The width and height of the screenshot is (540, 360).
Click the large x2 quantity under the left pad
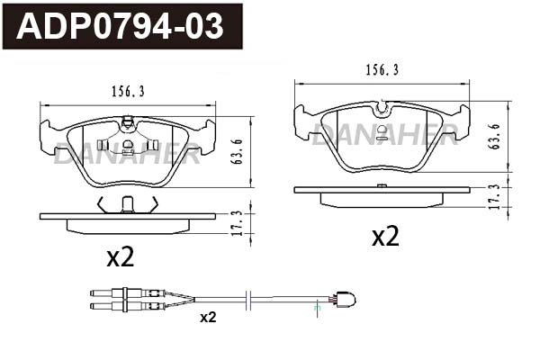pyautogui.click(x=120, y=258)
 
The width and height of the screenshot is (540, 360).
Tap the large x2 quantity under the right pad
pyautogui.click(x=385, y=237)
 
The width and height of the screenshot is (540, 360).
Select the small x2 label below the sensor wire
pyautogui.click(x=208, y=317)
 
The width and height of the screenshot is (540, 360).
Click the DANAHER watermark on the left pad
pyautogui.click(x=126, y=154)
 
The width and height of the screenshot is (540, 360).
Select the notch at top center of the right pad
pyautogui.click(x=382, y=109)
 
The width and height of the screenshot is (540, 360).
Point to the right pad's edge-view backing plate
pyautogui.click(x=382, y=190)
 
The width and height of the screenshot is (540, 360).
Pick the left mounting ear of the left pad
pyautogui.click(x=48, y=136)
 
